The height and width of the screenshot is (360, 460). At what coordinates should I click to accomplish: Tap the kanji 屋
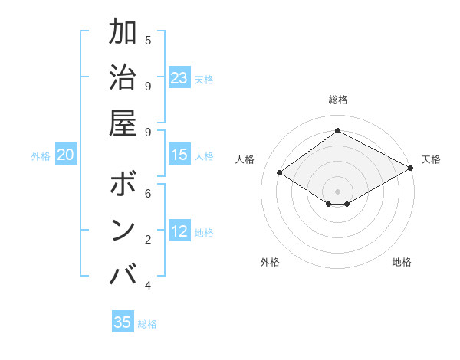pos(123,123)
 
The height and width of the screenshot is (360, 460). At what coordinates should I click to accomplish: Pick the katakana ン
pos(123,230)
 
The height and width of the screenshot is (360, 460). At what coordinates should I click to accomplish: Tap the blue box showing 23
pos(179,77)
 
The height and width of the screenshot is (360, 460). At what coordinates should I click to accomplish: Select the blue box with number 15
pos(179,155)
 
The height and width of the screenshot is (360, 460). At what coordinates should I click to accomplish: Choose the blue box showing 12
pos(179,231)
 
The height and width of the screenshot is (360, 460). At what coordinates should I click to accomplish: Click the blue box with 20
pos(66,155)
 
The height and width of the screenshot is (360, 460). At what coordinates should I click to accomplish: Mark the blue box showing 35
pos(123,322)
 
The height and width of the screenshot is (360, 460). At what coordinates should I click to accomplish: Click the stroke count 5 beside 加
pos(148,40)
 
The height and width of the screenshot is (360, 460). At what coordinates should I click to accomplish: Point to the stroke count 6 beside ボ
pos(148,194)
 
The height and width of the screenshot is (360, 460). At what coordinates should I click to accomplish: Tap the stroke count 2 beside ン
pos(148,239)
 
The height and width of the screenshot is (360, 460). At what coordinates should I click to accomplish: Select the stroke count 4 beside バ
pos(148,285)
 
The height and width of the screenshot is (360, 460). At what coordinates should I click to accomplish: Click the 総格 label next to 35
pos(147,324)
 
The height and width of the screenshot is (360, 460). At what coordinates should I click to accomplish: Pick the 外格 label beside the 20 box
pos(41,156)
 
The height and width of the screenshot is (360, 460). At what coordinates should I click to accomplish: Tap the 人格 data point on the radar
pos(280,173)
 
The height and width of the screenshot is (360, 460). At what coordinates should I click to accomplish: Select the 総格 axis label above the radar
pos(337,100)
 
